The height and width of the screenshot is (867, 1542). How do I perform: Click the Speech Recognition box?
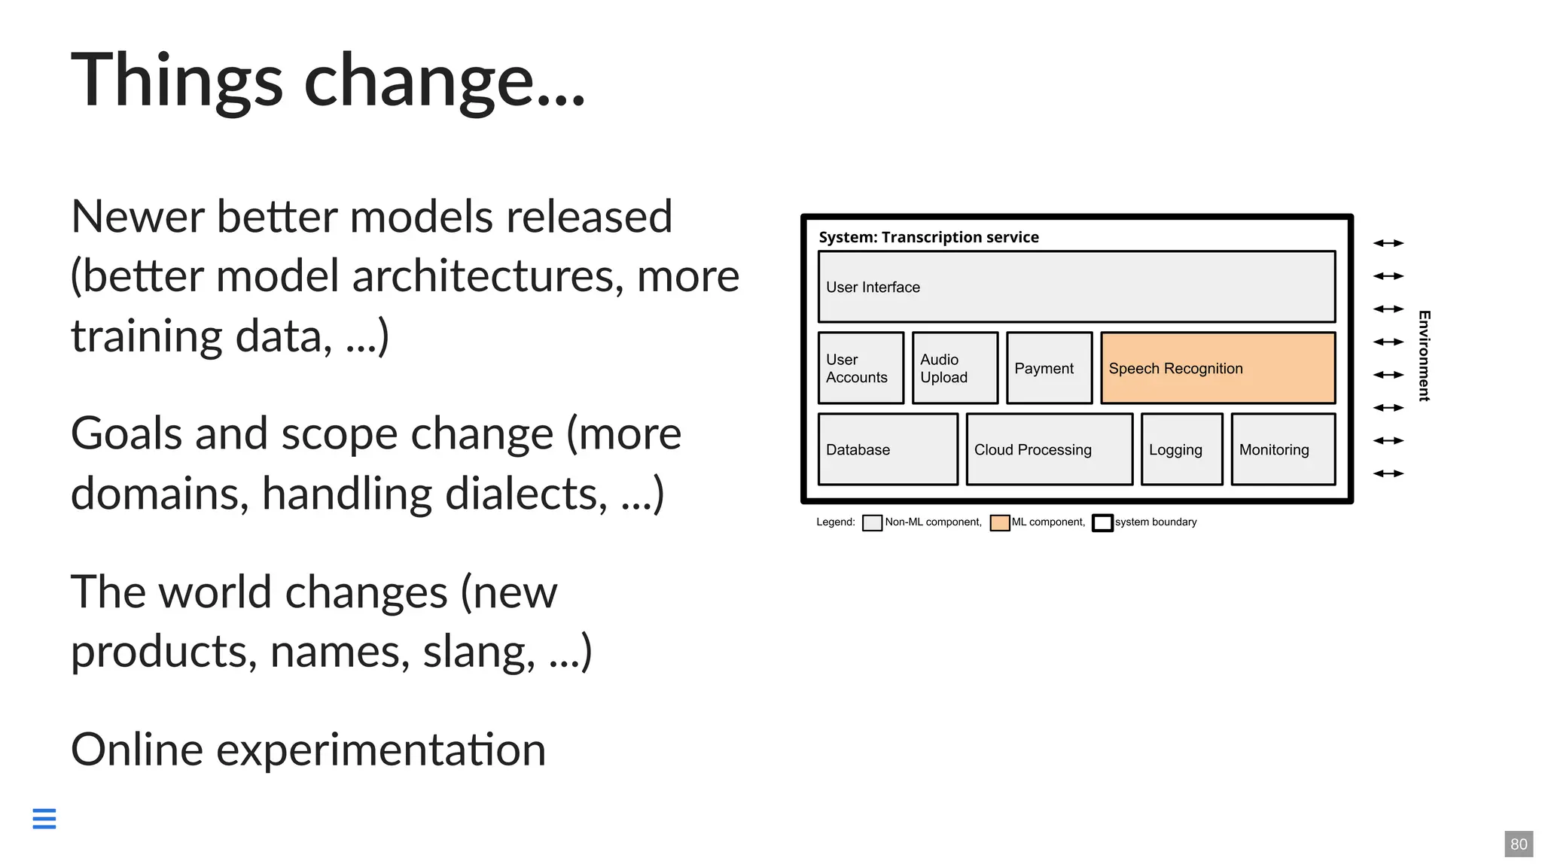click(x=1217, y=368)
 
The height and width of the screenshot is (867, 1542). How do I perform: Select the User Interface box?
click(x=1077, y=287)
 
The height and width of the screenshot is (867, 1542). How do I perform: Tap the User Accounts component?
click(x=861, y=368)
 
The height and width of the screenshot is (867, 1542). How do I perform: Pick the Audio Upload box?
click(x=955, y=368)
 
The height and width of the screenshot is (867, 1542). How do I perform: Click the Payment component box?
click(x=1049, y=368)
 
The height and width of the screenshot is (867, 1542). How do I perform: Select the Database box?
click(x=888, y=449)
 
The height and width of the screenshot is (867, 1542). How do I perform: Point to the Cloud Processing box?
click(x=1049, y=449)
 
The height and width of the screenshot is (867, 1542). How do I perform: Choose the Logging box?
click(x=1181, y=449)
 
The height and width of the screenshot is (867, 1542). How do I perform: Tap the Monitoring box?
click(x=1283, y=449)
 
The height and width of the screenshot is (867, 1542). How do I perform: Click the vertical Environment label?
click(x=1424, y=355)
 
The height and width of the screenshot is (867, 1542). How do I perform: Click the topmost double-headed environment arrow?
click(x=1388, y=243)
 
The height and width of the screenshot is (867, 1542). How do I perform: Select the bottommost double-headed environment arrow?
click(x=1388, y=473)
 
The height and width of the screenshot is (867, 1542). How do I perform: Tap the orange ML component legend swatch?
click(x=999, y=523)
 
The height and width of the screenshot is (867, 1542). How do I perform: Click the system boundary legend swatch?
click(x=1102, y=523)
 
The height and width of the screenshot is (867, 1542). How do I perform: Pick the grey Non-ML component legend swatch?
click(x=872, y=523)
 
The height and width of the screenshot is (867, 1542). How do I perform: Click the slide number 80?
click(x=1519, y=844)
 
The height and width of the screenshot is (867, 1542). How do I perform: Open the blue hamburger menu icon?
click(x=44, y=818)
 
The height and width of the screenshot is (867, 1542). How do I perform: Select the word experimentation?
click(x=381, y=750)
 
